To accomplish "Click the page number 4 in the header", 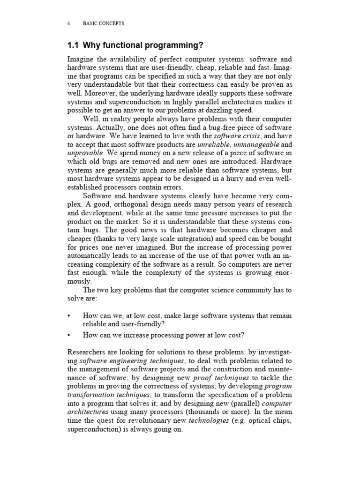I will pos(69,23).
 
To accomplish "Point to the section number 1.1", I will pos(74,45).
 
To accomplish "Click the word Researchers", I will pos(89,352).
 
